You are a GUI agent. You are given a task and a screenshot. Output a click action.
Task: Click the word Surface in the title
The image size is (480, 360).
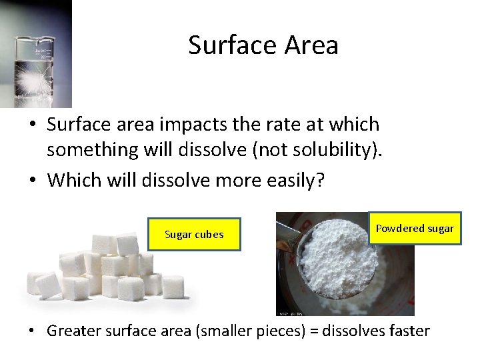225,45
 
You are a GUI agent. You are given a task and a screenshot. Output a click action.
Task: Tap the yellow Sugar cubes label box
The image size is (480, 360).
194,234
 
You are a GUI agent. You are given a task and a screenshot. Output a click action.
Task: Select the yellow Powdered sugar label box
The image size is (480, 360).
415,229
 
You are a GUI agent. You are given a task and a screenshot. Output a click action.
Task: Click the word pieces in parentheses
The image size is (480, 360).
273,331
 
